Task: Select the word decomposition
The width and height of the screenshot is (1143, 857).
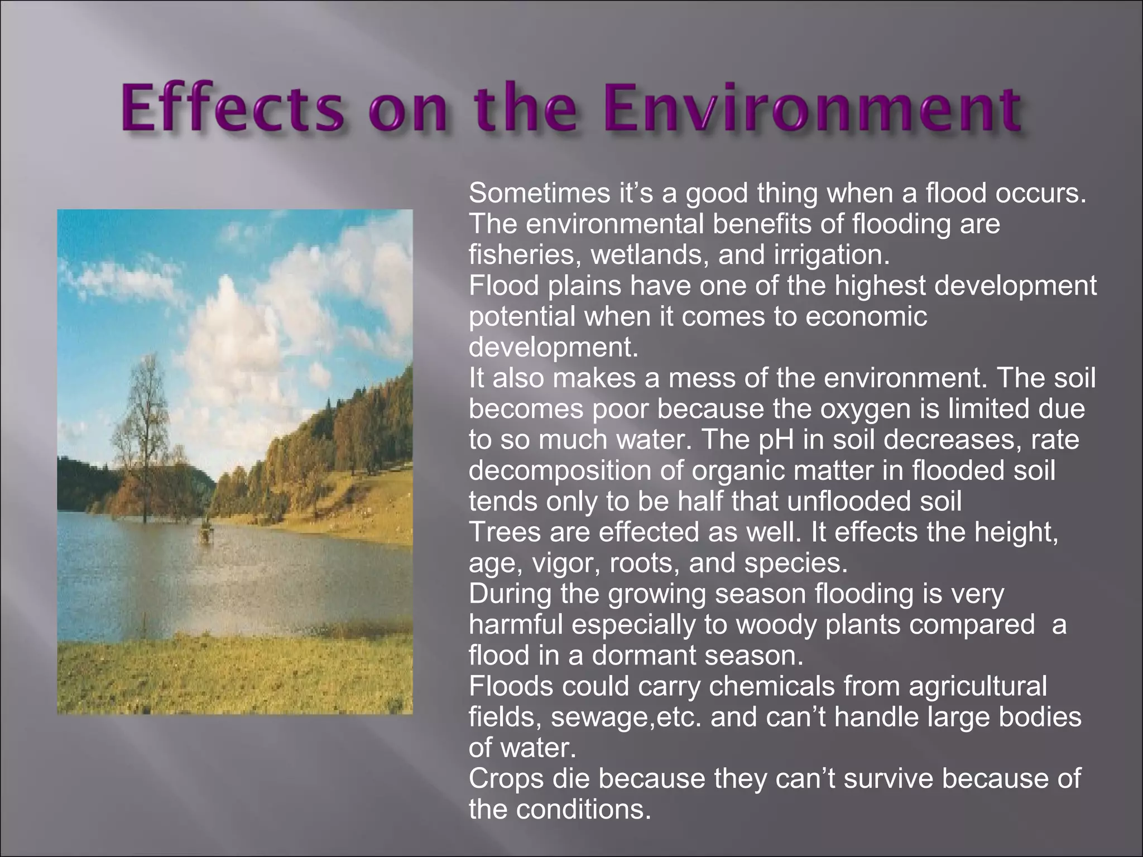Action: (575, 470)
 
